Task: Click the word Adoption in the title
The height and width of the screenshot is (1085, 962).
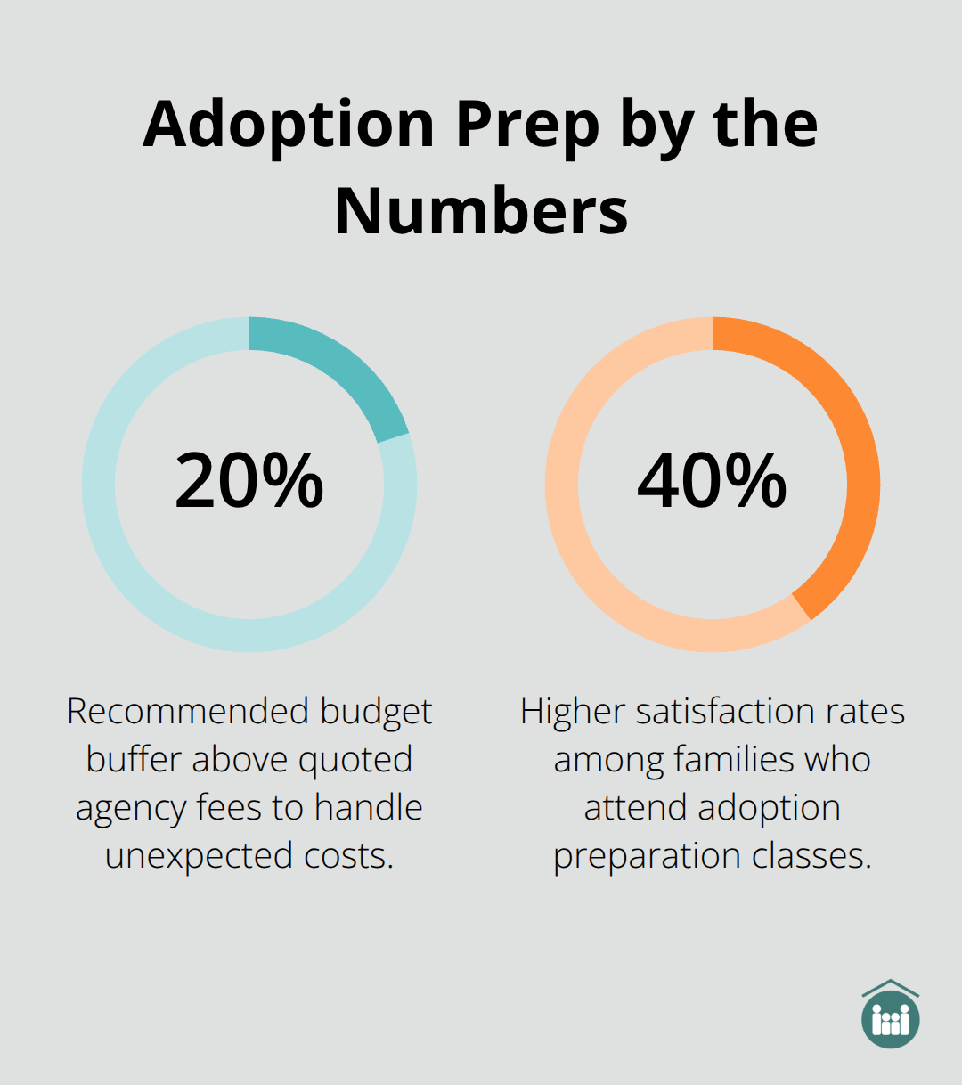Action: point(288,125)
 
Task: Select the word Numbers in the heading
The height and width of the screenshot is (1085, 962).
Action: point(481,211)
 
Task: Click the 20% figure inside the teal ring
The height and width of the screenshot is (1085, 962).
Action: point(249,481)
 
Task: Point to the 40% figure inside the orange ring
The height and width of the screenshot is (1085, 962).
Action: point(713,481)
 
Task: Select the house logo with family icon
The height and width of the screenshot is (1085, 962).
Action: point(891,1016)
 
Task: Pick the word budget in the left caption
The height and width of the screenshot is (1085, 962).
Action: point(376,712)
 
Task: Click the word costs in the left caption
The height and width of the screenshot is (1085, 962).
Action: point(348,856)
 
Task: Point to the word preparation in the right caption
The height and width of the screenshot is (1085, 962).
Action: point(648,856)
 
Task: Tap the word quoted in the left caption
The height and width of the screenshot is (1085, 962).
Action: point(355,760)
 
